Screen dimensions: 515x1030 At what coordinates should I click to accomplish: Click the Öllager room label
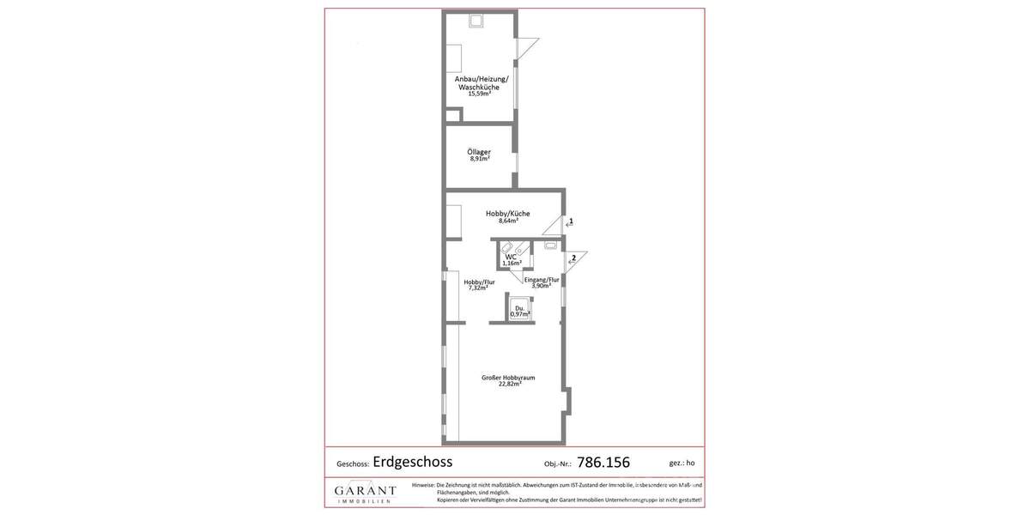tap(479, 152)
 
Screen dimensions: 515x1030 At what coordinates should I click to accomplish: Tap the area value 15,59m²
tap(479, 94)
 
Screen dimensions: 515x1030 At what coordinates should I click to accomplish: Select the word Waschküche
tap(479, 87)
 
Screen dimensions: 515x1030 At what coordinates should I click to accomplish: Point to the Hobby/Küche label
tap(508, 214)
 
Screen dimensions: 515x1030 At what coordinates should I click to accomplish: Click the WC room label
tap(511, 257)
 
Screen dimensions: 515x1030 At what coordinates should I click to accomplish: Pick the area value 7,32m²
tap(478, 288)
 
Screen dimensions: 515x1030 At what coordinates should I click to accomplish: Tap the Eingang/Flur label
tap(542, 280)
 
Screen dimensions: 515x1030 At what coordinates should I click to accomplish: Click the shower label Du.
tap(519, 307)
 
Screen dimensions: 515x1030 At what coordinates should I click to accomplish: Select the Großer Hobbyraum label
tap(508, 378)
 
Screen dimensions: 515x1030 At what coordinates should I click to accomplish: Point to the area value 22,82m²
tap(510, 385)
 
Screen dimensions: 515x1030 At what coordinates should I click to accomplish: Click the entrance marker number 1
tap(571, 221)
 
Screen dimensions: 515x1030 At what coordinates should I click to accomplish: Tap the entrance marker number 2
tap(574, 257)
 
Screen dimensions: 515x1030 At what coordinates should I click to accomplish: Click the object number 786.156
tap(603, 463)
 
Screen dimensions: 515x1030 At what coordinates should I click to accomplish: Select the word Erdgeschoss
tap(413, 462)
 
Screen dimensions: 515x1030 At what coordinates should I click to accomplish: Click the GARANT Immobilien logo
tap(366, 493)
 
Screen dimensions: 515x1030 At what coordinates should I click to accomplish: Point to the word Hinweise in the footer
tap(423, 485)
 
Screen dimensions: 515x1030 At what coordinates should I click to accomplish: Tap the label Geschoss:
tap(353, 464)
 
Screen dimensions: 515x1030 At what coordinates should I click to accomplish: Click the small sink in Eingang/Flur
tap(550, 245)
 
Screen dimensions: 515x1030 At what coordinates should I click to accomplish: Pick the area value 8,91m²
tap(479, 159)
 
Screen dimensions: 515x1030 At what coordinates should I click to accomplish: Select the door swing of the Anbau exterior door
tap(526, 47)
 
